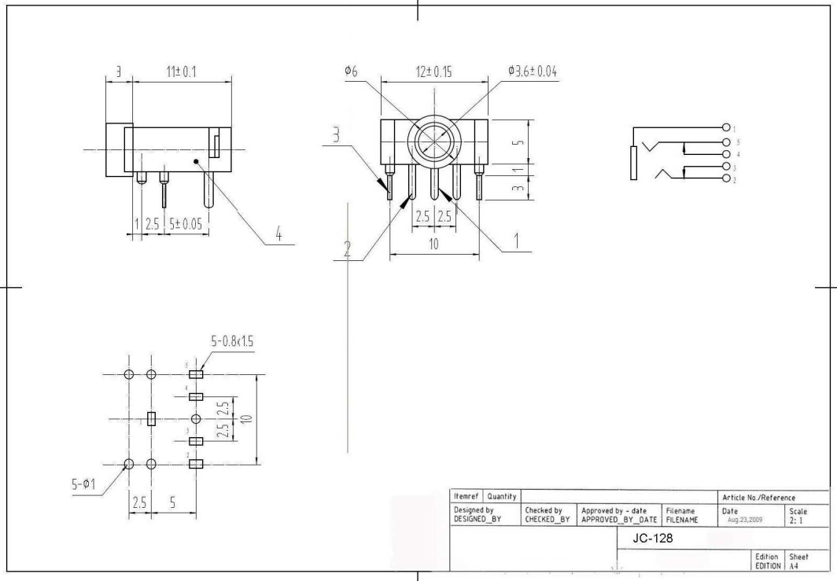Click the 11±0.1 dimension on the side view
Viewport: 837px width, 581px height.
coord(180,72)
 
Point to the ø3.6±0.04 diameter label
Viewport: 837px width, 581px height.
coord(535,72)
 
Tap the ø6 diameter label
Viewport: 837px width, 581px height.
coord(352,72)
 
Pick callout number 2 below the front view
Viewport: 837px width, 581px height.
coord(347,251)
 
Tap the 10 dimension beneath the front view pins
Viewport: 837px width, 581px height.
coord(433,245)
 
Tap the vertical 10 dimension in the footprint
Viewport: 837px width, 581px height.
coord(246,418)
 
